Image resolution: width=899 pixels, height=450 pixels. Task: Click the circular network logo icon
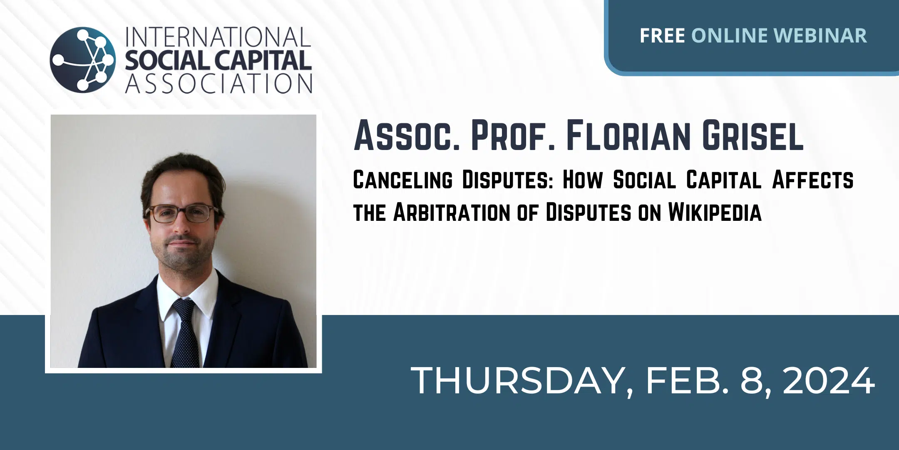83,60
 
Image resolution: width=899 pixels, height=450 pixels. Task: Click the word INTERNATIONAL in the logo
219,37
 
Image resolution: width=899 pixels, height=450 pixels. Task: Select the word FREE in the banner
662,35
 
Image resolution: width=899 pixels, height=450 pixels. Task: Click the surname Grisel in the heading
753,135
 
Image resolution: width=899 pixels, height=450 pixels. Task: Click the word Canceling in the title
402,180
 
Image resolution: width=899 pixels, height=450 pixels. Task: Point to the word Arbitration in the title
451,212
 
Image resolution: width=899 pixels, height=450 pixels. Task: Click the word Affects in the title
813,180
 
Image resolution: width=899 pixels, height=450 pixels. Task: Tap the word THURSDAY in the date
522,380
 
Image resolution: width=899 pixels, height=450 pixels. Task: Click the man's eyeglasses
182,213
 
